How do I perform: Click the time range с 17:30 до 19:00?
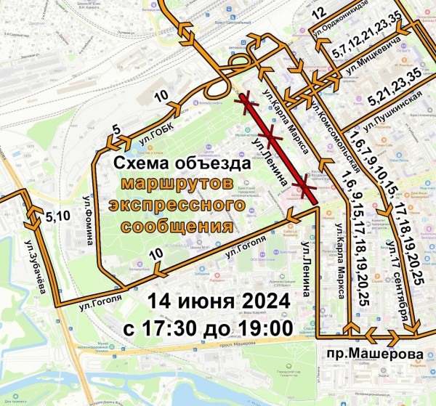(x=208, y=328)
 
